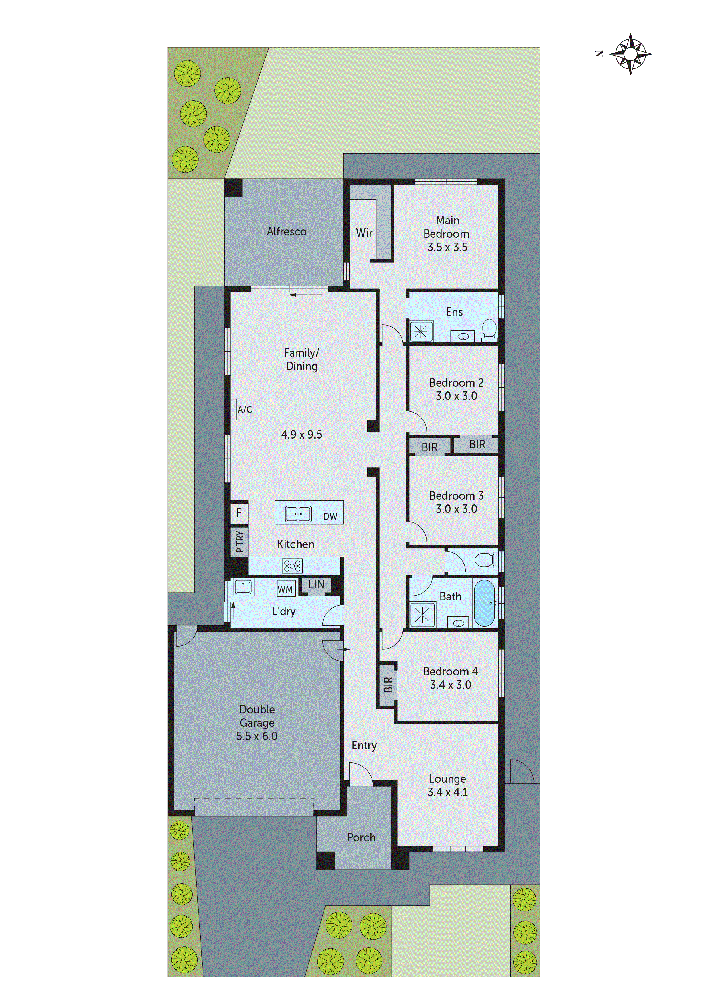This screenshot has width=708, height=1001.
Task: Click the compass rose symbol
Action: point(630,54)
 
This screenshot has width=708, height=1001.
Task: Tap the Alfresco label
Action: point(287,231)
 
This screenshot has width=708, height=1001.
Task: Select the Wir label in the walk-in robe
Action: point(364,233)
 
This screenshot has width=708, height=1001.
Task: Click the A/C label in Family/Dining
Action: point(245,409)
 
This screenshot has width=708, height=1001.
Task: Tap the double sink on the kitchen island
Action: point(298,514)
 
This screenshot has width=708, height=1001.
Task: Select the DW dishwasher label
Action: point(330,517)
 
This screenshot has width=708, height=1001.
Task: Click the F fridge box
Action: point(239,513)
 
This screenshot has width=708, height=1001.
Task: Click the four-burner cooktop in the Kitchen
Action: point(292,566)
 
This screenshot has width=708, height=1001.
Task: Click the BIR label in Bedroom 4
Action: point(388,685)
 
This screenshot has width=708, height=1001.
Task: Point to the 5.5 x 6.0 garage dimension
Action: point(257,736)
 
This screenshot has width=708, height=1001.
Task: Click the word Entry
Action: point(364,746)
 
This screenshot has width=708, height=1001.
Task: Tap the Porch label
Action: point(361,837)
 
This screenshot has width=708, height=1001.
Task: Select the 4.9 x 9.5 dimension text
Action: point(302,434)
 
